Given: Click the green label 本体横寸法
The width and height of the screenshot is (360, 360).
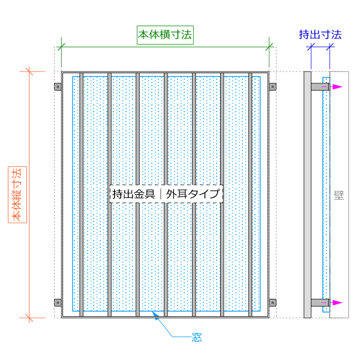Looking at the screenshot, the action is pyautogui.click(x=165, y=35).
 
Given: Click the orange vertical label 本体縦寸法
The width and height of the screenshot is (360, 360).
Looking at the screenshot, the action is pyautogui.click(x=17, y=194).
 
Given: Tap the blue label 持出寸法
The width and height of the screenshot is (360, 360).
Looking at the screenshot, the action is pyautogui.click(x=320, y=35).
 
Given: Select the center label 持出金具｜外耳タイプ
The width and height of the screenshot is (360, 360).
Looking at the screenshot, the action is pyautogui.click(x=166, y=194).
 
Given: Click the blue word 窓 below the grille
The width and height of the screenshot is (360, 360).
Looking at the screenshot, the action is pyautogui.click(x=197, y=337).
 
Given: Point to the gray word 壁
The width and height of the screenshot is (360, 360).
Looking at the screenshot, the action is pyautogui.click(x=339, y=195).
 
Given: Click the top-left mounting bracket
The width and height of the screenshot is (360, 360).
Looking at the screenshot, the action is pyautogui.click(x=58, y=87).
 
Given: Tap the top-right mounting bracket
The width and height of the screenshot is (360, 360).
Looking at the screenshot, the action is pyautogui.click(x=272, y=87).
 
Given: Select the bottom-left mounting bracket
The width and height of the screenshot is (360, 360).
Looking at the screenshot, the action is pyautogui.click(x=58, y=302).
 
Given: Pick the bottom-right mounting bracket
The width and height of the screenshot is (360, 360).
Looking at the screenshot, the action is pyautogui.click(x=272, y=302).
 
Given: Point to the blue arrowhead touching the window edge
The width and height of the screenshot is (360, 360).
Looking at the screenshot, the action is pyautogui.click(x=155, y=315).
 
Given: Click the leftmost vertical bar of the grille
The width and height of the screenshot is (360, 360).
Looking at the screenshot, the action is pyautogui.click(x=81, y=194).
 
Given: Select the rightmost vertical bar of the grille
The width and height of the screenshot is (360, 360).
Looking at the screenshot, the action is pyautogui.click(x=250, y=194).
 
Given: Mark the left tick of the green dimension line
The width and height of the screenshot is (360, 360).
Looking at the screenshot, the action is pyautogui.click(x=61, y=47).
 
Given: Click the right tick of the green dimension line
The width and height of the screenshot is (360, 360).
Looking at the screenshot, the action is pyautogui.click(x=269, y=47).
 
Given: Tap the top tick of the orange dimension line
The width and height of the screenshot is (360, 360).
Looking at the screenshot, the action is pyautogui.click(x=29, y=71).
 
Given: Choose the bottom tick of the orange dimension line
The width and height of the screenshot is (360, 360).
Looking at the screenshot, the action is pyautogui.click(x=29, y=318).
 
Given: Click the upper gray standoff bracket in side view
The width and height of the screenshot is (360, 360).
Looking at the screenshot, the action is pyautogui.click(x=320, y=87).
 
